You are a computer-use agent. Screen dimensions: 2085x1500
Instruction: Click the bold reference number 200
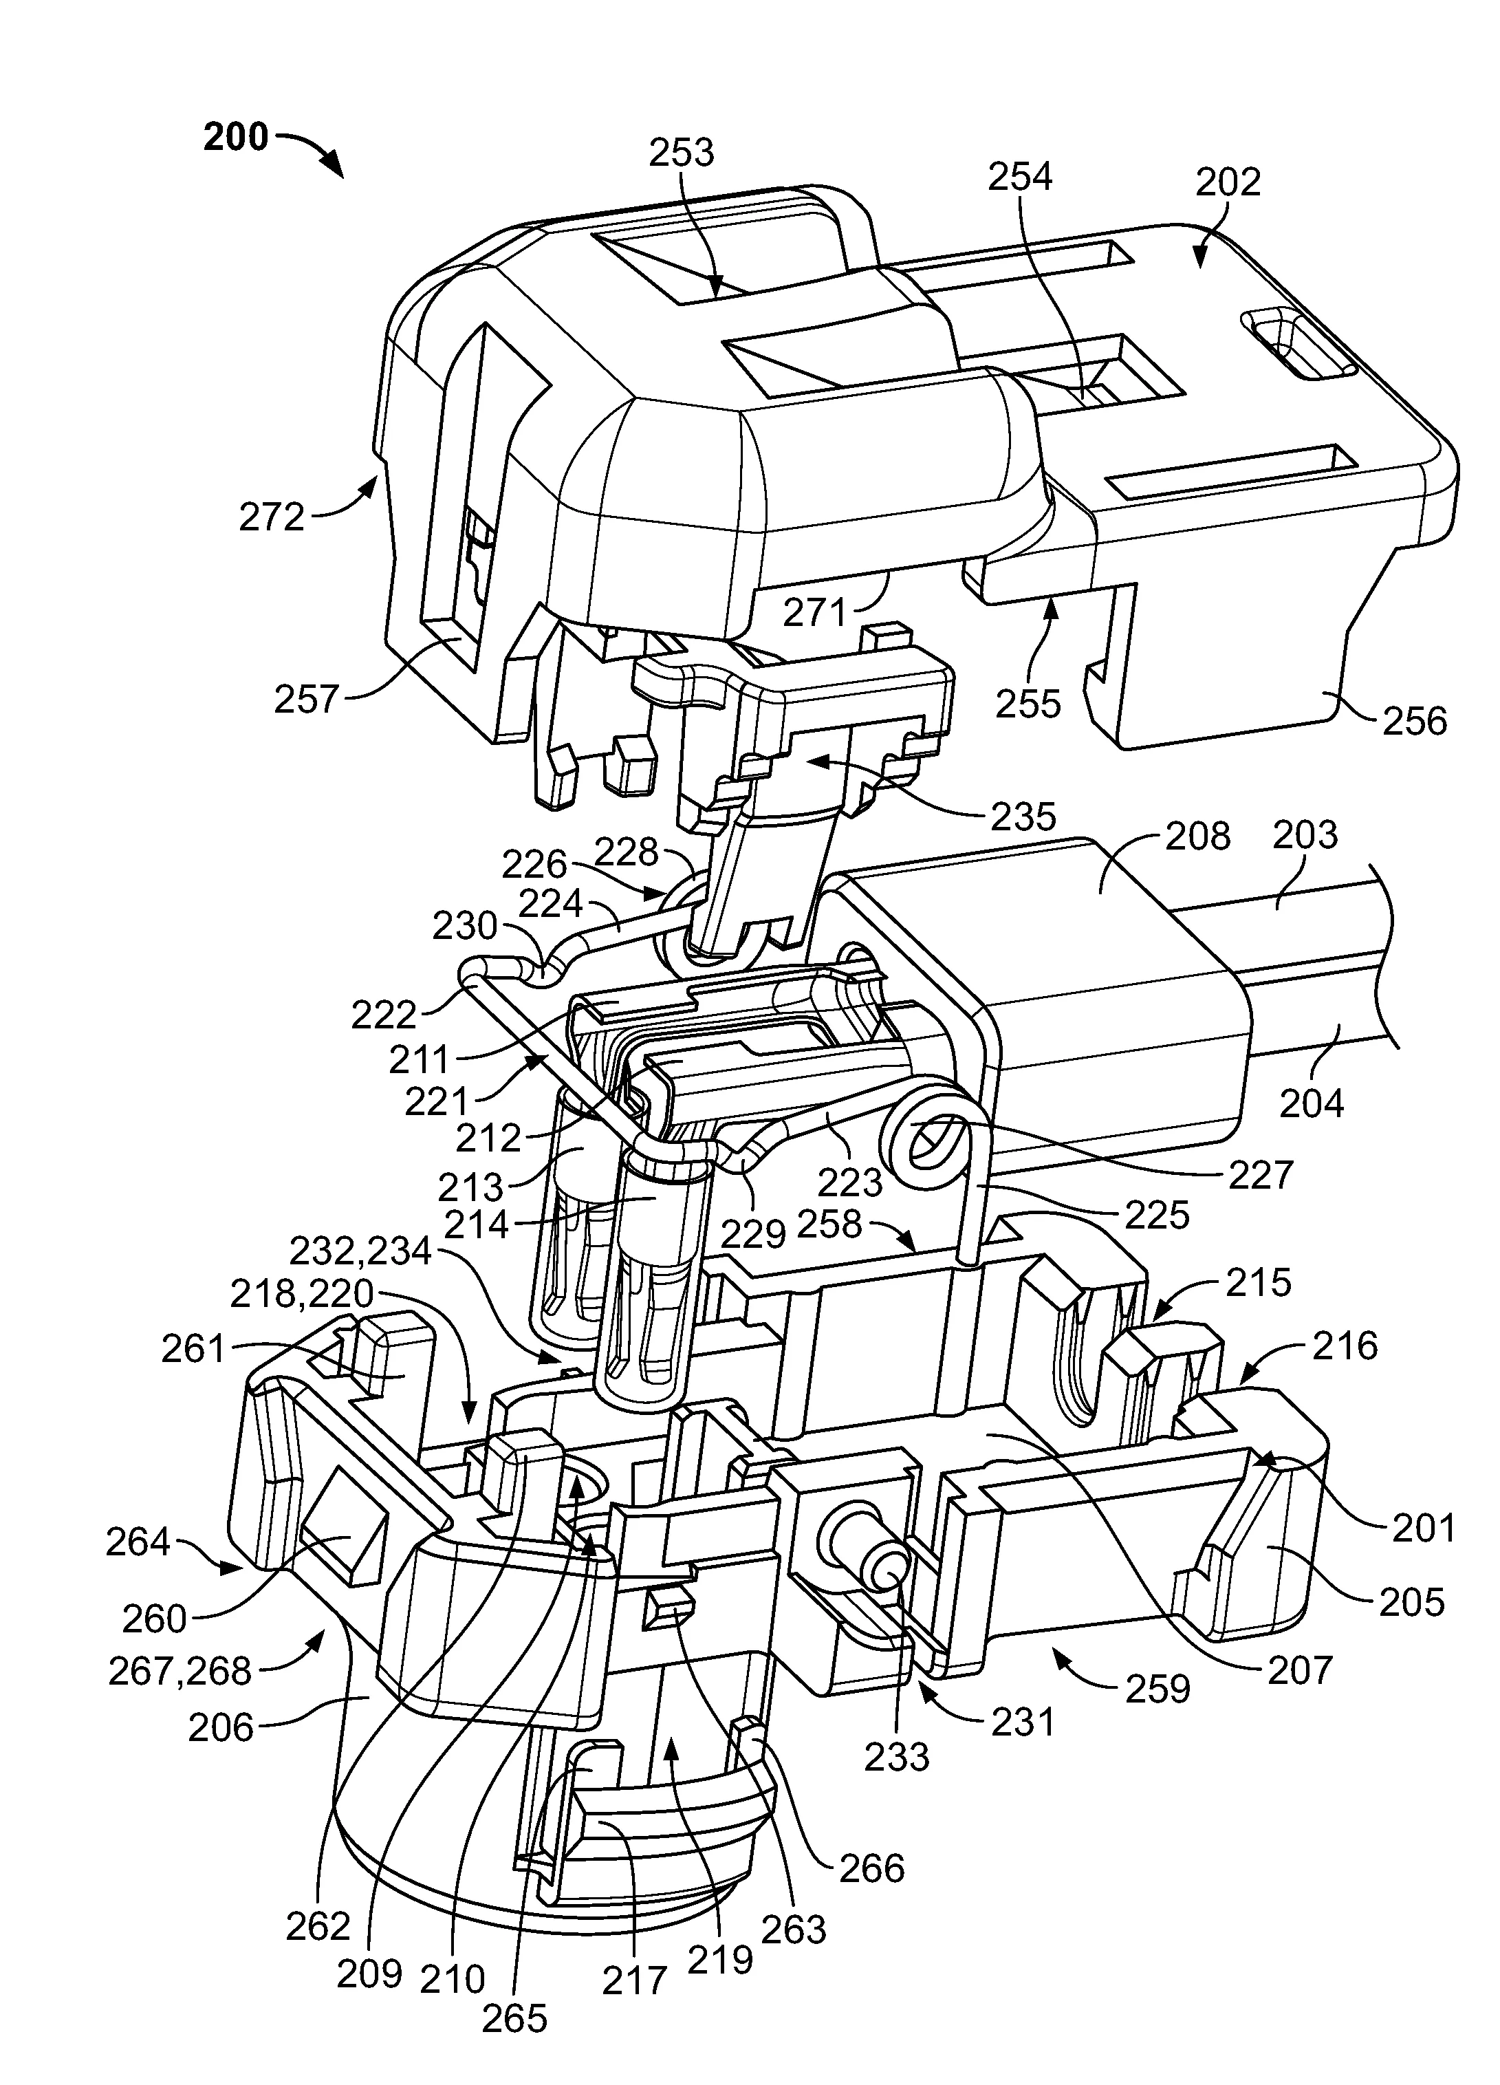pyautogui.click(x=235, y=138)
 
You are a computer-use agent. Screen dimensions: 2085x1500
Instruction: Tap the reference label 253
pyautogui.click(x=681, y=153)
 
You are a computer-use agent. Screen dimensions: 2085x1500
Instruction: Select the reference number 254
pyautogui.click(x=1020, y=177)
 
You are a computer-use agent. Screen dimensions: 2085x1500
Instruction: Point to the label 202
pyautogui.click(x=1228, y=182)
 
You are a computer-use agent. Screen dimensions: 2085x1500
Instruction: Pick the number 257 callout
pyautogui.click(x=307, y=700)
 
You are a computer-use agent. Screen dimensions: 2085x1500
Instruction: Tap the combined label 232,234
pyautogui.click(x=360, y=1251)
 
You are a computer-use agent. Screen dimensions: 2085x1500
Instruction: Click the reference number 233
pyautogui.click(x=897, y=1757)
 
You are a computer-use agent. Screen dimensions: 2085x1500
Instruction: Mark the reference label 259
pyautogui.click(x=1158, y=1688)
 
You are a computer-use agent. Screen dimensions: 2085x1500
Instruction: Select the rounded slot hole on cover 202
pyautogui.click(x=1297, y=345)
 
